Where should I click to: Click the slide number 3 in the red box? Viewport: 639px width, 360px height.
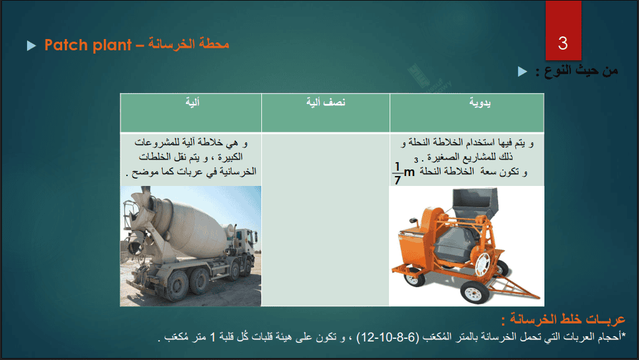[x=563, y=43]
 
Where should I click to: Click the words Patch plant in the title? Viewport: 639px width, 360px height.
[x=88, y=45]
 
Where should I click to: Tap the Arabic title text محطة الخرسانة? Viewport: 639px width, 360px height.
[x=189, y=44]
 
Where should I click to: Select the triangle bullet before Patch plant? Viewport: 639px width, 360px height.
[x=31, y=45]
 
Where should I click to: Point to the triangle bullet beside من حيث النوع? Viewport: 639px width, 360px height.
[x=523, y=71]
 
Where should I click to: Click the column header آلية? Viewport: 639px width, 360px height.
[x=192, y=102]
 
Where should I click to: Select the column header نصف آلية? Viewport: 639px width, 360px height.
[x=326, y=102]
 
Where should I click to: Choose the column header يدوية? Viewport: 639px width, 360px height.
[x=480, y=103]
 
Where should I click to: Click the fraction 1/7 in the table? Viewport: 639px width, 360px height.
[x=398, y=173]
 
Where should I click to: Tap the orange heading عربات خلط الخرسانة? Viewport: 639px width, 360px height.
[x=563, y=319]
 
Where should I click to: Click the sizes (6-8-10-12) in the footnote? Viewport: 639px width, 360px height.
[x=388, y=337]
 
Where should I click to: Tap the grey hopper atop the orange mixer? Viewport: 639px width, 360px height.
[x=475, y=202]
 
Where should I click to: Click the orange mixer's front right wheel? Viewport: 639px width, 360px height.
[x=474, y=292]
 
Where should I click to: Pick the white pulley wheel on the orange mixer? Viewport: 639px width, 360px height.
[x=482, y=262]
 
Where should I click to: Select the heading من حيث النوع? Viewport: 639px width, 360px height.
[x=577, y=71]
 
